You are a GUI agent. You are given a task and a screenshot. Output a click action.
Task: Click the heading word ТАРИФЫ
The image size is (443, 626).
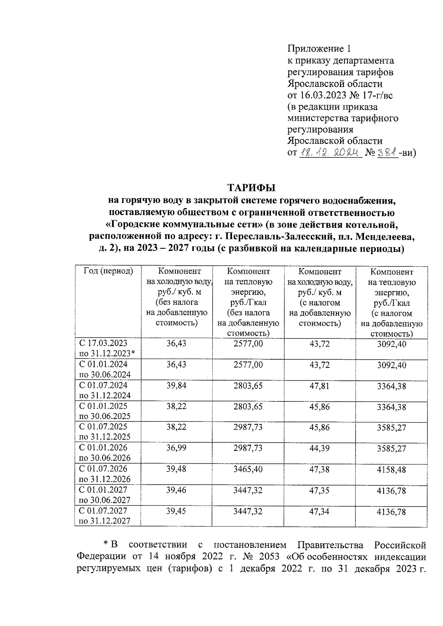click(251, 188)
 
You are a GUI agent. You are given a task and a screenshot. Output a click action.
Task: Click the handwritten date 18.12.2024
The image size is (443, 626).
click(329, 153)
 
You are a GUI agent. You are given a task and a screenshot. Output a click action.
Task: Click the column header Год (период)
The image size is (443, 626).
click(108, 272)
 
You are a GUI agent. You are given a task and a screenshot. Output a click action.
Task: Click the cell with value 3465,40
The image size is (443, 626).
click(248, 469)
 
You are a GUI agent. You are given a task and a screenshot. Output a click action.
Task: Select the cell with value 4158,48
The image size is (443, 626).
click(392, 470)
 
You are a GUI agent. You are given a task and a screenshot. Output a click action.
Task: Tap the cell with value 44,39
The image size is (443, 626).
click(320, 448)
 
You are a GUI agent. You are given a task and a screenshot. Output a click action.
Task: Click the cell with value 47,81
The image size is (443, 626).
click(320, 385)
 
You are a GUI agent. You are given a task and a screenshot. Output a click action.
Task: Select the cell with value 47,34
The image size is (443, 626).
click(320, 511)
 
